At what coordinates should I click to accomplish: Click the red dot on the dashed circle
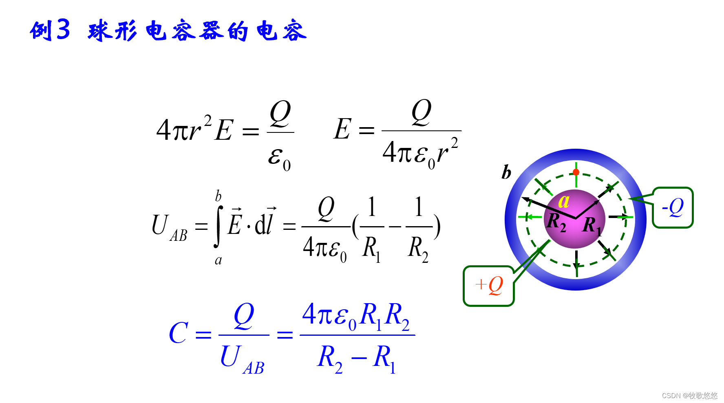coord(576,172)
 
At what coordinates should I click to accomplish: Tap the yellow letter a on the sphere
coord(564,201)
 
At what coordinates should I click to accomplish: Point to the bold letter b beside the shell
coord(506,172)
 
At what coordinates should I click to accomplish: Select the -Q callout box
coord(673,207)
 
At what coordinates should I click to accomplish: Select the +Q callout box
coord(489,286)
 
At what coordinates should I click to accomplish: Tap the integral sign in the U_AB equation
coord(218,227)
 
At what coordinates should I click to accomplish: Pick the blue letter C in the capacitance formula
coord(179,333)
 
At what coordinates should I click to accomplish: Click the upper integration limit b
coord(219,196)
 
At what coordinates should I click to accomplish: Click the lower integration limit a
coord(219,260)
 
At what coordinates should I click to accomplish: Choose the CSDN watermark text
coord(689,395)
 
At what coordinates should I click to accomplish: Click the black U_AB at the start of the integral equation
coord(169,227)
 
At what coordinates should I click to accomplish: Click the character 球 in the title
coord(99,31)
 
